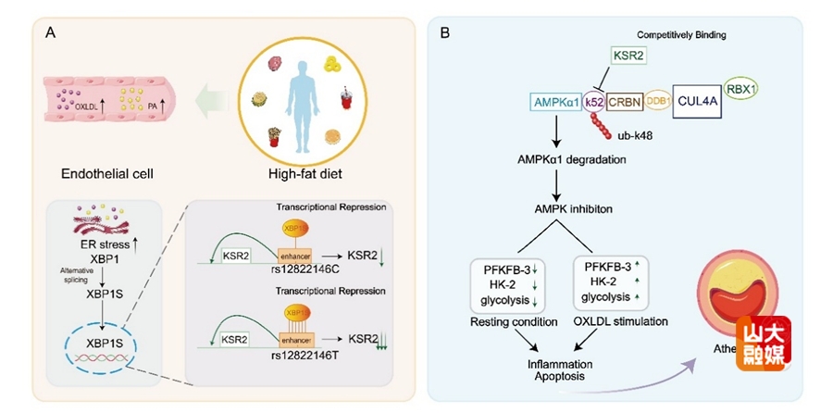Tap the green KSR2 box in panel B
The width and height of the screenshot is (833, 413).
pyautogui.click(x=628, y=56)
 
